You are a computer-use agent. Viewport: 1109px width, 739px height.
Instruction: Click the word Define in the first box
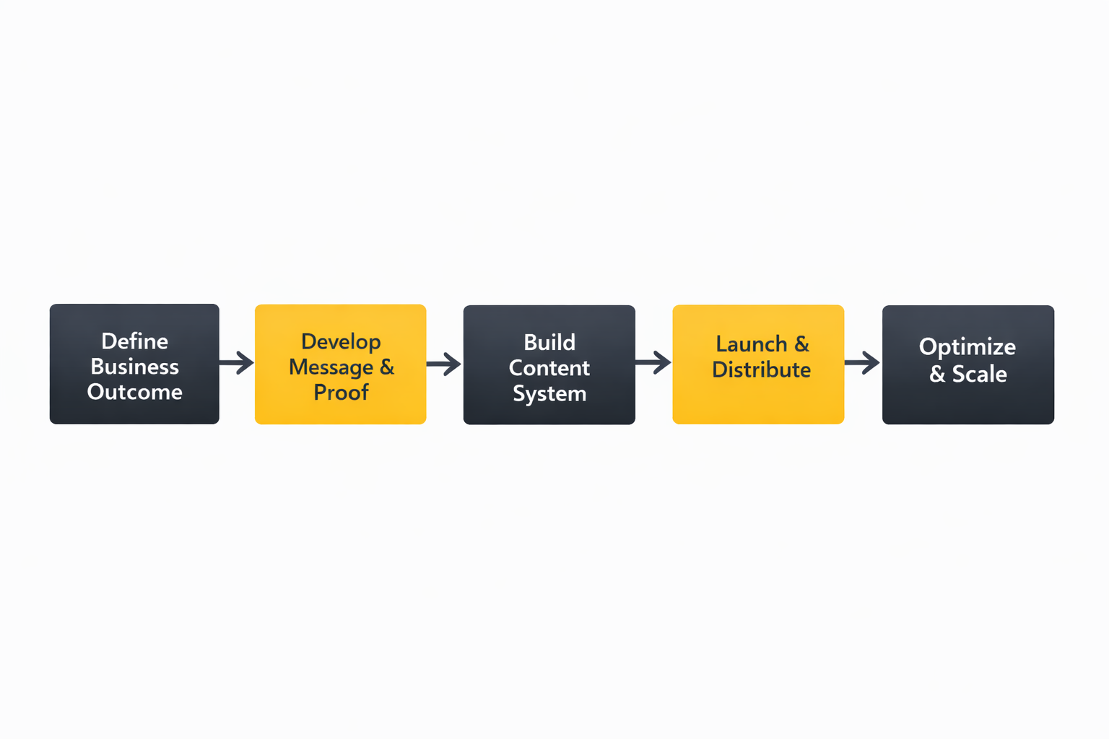click(134, 341)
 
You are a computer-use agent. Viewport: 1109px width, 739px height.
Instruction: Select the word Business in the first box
click(134, 367)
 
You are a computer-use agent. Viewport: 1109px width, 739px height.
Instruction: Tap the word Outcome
click(134, 392)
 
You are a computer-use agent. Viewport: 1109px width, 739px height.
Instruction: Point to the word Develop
click(341, 341)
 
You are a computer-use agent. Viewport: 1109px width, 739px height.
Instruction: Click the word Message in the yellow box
click(331, 367)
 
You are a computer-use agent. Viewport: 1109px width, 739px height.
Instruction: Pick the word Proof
click(341, 393)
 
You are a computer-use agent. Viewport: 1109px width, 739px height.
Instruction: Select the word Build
click(549, 342)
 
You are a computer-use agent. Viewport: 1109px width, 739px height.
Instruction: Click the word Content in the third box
click(549, 368)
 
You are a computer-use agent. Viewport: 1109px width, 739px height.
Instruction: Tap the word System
click(549, 394)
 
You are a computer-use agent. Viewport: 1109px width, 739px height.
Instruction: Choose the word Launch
click(752, 344)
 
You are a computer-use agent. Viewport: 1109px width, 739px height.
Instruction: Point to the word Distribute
click(761, 370)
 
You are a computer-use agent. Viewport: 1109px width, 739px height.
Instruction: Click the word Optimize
click(967, 347)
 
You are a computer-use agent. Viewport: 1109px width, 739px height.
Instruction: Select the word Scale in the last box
click(979, 374)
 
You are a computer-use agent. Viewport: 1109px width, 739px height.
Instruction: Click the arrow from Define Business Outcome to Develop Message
click(237, 362)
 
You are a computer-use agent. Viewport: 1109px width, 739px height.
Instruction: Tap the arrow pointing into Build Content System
click(444, 364)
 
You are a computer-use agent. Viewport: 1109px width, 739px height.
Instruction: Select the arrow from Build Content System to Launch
click(653, 362)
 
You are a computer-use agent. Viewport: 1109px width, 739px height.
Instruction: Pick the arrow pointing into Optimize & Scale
click(862, 362)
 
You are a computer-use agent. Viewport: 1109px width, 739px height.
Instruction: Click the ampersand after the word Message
click(387, 367)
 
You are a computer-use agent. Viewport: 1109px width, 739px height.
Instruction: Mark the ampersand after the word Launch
click(801, 344)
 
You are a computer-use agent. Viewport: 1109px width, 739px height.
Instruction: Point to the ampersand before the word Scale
click(937, 374)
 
